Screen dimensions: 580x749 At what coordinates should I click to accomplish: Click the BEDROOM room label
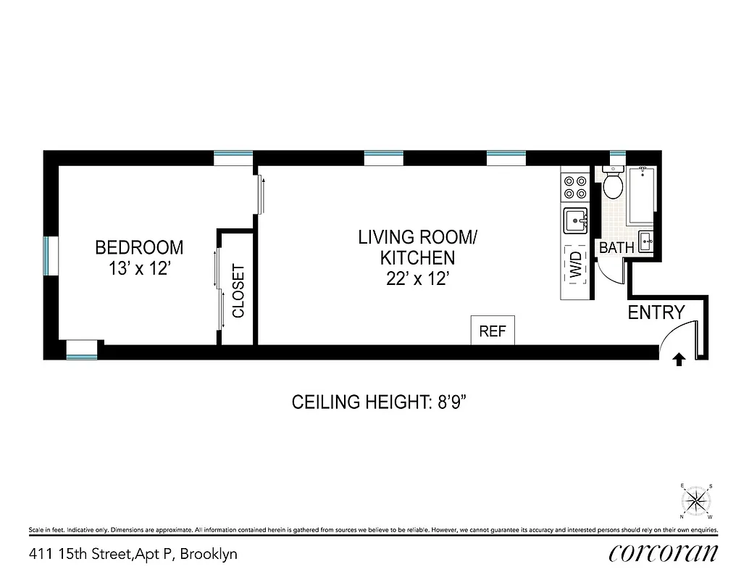tap(139, 248)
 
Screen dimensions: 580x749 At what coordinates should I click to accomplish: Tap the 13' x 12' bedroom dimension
tap(139, 269)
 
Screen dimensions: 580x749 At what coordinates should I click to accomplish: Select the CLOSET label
tap(238, 292)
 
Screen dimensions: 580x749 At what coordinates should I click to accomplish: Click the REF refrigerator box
tap(493, 331)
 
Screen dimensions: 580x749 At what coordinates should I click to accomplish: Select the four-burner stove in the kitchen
tap(576, 187)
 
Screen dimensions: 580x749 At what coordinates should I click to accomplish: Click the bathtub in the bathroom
tap(642, 195)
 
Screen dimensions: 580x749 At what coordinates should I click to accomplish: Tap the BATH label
tap(616, 248)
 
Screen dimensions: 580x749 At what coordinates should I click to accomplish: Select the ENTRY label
tap(656, 313)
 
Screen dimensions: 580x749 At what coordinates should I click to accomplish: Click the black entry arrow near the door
tap(679, 358)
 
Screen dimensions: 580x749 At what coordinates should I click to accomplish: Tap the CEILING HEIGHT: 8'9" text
tap(383, 402)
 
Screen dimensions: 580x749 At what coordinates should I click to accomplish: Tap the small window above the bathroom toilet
tap(617, 154)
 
